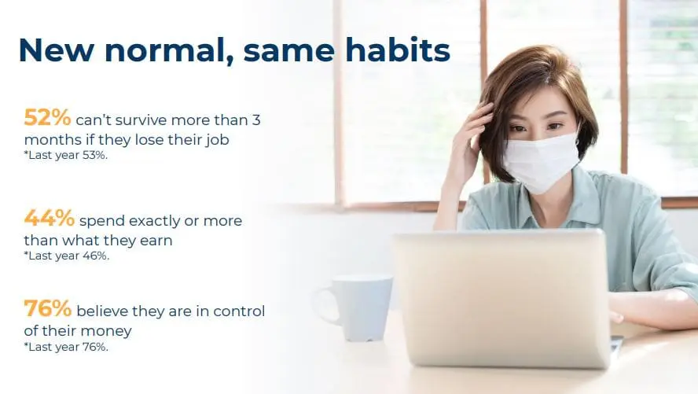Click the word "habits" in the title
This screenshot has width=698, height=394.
398,50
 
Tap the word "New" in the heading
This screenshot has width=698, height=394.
56,50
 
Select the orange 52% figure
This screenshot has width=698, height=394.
47,117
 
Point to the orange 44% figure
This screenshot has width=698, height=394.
49,218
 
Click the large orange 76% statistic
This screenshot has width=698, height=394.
47,308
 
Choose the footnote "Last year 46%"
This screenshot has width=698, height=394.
66,256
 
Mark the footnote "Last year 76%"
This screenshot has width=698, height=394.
66,347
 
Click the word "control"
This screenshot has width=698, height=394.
239,311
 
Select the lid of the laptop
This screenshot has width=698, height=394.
501,298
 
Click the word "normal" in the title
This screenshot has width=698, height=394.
169,50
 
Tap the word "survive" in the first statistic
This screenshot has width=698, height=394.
141,120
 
